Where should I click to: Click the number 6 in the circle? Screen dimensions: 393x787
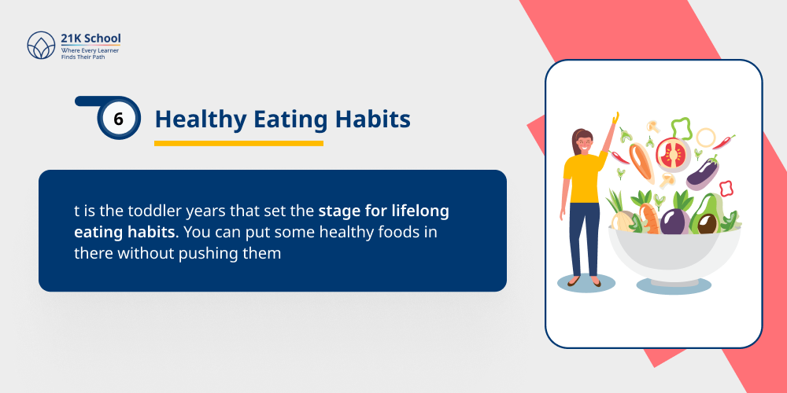coord(119,119)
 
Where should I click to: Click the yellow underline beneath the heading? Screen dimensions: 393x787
coord(238,143)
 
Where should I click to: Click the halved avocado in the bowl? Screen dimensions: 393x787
coord(705,220)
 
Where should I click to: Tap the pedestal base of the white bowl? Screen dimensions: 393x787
coord(673,281)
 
